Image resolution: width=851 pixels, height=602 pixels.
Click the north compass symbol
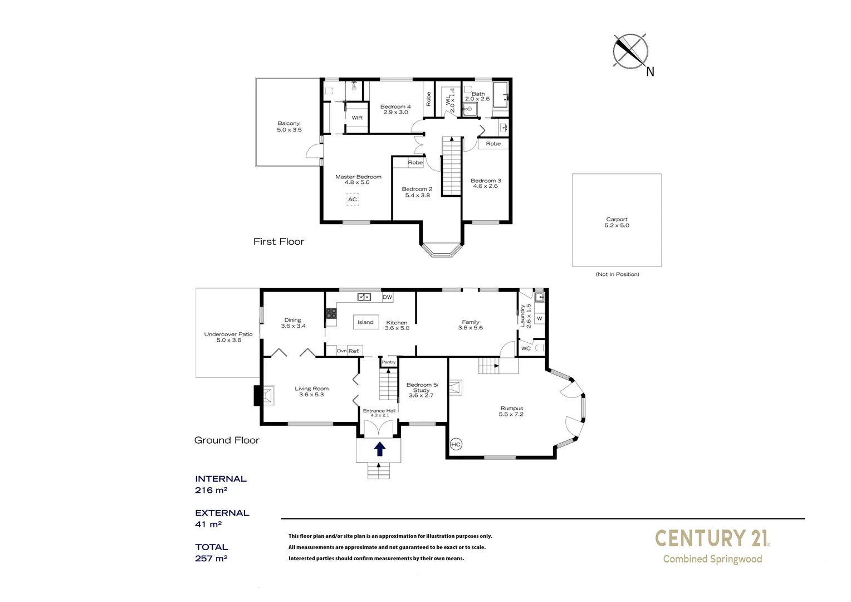point(630,51)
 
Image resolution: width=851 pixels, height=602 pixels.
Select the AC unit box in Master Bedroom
point(353,200)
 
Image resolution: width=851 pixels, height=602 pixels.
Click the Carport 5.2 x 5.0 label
point(617,222)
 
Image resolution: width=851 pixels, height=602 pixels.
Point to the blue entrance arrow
point(379,449)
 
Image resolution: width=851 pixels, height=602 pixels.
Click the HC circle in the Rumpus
point(456,444)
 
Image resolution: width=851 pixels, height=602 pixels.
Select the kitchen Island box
point(365,322)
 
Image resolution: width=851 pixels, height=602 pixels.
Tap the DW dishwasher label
point(387,298)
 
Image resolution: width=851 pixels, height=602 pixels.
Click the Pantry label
point(389,362)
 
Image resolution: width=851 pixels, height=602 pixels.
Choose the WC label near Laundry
point(526,348)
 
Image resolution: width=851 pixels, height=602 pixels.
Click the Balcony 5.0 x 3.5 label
point(289,127)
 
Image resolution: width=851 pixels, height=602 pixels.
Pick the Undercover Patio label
point(228,337)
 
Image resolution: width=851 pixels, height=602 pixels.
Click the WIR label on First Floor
point(357,118)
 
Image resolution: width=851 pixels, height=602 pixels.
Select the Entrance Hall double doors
point(379,428)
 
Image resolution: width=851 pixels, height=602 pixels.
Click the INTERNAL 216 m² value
point(211,491)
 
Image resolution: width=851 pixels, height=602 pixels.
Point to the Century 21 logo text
point(712,538)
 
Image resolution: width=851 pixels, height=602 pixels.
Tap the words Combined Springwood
point(712,559)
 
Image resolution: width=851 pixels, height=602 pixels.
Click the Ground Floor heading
point(227,440)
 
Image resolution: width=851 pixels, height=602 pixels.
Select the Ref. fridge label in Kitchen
point(354,351)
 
